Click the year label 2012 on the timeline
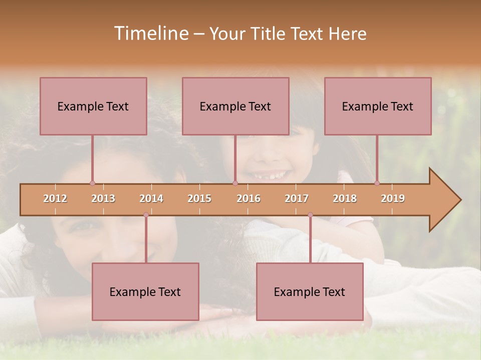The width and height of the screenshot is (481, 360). coord(55,198)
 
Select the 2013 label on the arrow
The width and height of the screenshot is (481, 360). coord(103,198)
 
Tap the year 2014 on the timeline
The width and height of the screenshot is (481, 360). coord(151,198)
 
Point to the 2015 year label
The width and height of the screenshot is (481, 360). coord(199,198)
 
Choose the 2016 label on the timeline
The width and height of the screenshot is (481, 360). coord(249,198)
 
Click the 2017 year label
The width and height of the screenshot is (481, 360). coord(297,198)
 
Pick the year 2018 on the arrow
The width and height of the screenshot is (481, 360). coord(345,198)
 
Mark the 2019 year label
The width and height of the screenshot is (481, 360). coord(393,198)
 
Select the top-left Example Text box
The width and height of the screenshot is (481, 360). coord(93,106)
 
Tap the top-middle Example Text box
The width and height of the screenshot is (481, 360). coord(235,106)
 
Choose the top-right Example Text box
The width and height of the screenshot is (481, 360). coord(378,106)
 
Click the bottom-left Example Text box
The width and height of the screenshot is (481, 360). coord(145,291)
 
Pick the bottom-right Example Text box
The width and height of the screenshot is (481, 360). coord(310,291)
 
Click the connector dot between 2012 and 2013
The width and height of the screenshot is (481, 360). coord(92,183)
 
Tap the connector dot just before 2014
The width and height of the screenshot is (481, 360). coord(146,215)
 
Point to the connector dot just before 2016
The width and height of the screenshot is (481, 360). coord(235,183)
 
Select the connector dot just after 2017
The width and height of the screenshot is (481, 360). coord(310,215)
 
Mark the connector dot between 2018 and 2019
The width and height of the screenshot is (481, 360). coord(377,183)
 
